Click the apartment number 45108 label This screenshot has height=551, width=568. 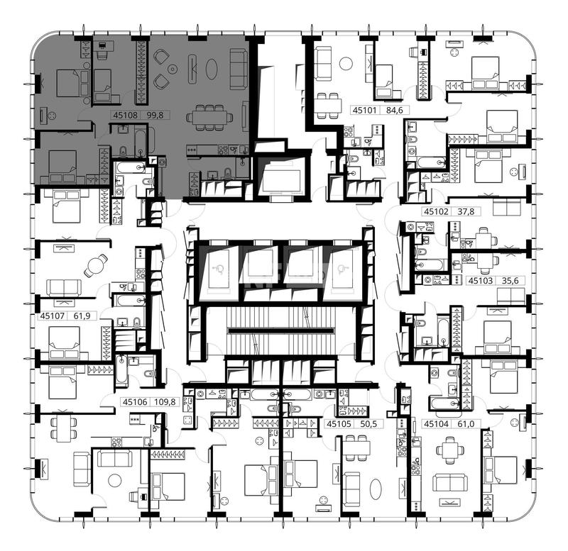pyautogui.click(x=126, y=116)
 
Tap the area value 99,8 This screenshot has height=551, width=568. pyautogui.click(x=155, y=116)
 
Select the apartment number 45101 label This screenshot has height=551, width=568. pyautogui.click(x=365, y=110)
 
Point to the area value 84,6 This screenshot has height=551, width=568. pyautogui.click(x=395, y=110)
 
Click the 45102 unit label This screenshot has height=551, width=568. pyautogui.click(x=436, y=211)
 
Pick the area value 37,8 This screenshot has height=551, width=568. pyautogui.click(x=466, y=211)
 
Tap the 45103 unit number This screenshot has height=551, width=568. pyautogui.click(x=481, y=280)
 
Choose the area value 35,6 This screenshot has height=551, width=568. pyautogui.click(x=510, y=280)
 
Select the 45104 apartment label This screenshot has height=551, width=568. pyautogui.click(x=436, y=423)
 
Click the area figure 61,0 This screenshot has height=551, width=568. pyautogui.click(x=466, y=423)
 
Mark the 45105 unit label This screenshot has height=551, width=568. pyautogui.click(x=339, y=423)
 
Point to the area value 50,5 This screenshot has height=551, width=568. pyautogui.click(x=368, y=423)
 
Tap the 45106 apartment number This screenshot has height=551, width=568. pyautogui.click(x=135, y=401)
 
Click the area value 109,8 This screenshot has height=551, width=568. pyautogui.click(x=165, y=401)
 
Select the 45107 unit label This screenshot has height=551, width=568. pyautogui.click(x=52, y=316)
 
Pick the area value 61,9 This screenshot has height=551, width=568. pyautogui.click(x=82, y=316)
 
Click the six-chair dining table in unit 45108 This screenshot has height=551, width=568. pyautogui.click(x=209, y=117)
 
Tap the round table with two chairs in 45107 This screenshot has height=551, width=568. pyautogui.click(x=95, y=265)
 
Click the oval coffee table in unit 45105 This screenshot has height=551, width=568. pyautogui.click(x=376, y=489)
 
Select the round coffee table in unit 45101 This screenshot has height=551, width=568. pyautogui.click(x=346, y=64)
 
